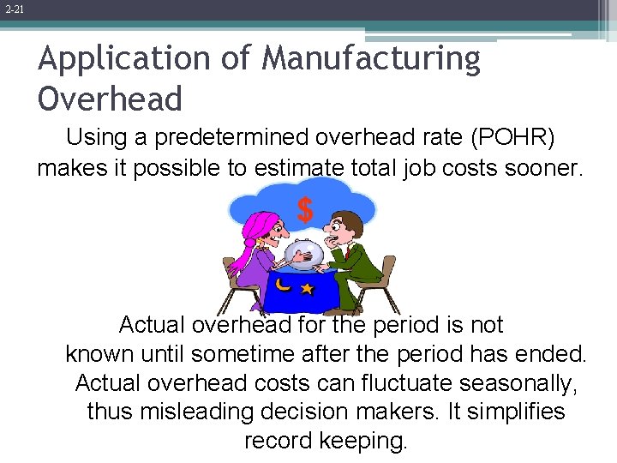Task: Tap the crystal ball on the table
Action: coord(304,254)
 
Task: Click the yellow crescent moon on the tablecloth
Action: coord(283,284)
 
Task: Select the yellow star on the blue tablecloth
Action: coord(306,290)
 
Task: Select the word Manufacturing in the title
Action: coord(371,59)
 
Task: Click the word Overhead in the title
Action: coord(111,99)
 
